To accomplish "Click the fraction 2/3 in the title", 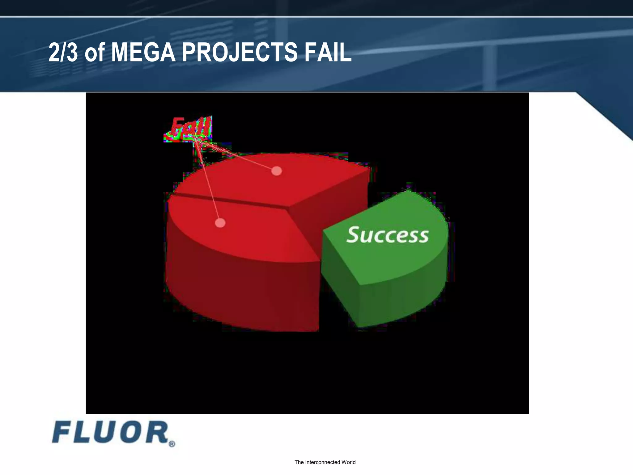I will point(63,53).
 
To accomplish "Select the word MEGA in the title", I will point(143,53).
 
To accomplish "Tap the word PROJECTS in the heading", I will point(240,53).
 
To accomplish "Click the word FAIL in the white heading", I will point(328,53).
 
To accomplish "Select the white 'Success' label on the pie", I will point(388,235).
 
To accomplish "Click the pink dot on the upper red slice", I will point(276,171).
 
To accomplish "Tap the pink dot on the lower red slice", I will point(220,223).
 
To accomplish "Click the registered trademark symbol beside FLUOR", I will point(172,444).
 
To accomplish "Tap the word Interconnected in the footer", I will point(322,462).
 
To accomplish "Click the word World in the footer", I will point(348,462).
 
